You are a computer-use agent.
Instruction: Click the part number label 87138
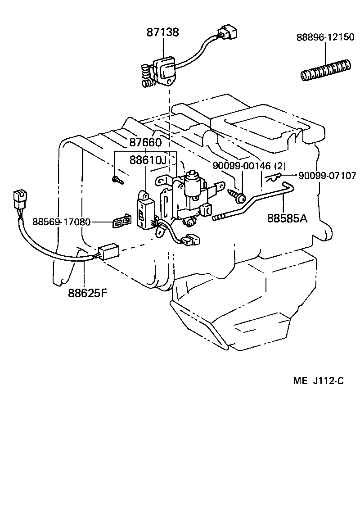(163, 32)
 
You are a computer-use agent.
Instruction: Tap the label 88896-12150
(325, 37)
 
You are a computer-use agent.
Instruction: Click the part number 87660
(145, 143)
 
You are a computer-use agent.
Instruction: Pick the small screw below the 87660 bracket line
(117, 181)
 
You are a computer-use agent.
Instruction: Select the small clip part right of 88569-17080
(122, 222)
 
